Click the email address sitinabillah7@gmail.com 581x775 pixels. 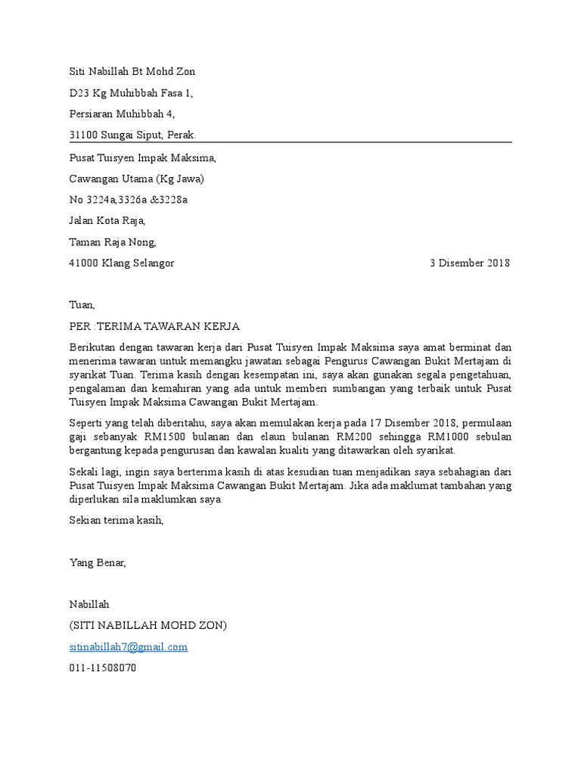tap(128, 647)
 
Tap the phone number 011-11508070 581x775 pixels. tap(103, 668)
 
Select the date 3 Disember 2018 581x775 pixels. tap(470, 263)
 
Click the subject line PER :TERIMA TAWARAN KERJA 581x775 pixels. tap(154, 326)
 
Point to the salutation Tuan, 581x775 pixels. tap(82, 305)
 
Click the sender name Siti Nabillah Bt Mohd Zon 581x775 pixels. tap(132, 71)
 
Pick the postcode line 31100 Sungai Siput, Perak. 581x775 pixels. tap(132, 135)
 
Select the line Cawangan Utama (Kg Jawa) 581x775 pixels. tap(136, 179)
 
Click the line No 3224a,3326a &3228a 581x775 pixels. tap(128, 200)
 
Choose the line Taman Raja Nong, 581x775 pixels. tap(113, 242)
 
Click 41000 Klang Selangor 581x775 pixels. tap(121, 263)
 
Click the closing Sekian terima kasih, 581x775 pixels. tap(116, 521)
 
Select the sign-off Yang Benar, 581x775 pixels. tap(98, 562)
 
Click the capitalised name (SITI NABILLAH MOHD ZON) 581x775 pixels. tap(148, 626)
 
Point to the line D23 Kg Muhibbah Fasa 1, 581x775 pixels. tap(131, 93)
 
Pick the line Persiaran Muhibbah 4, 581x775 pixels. tap(122, 114)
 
